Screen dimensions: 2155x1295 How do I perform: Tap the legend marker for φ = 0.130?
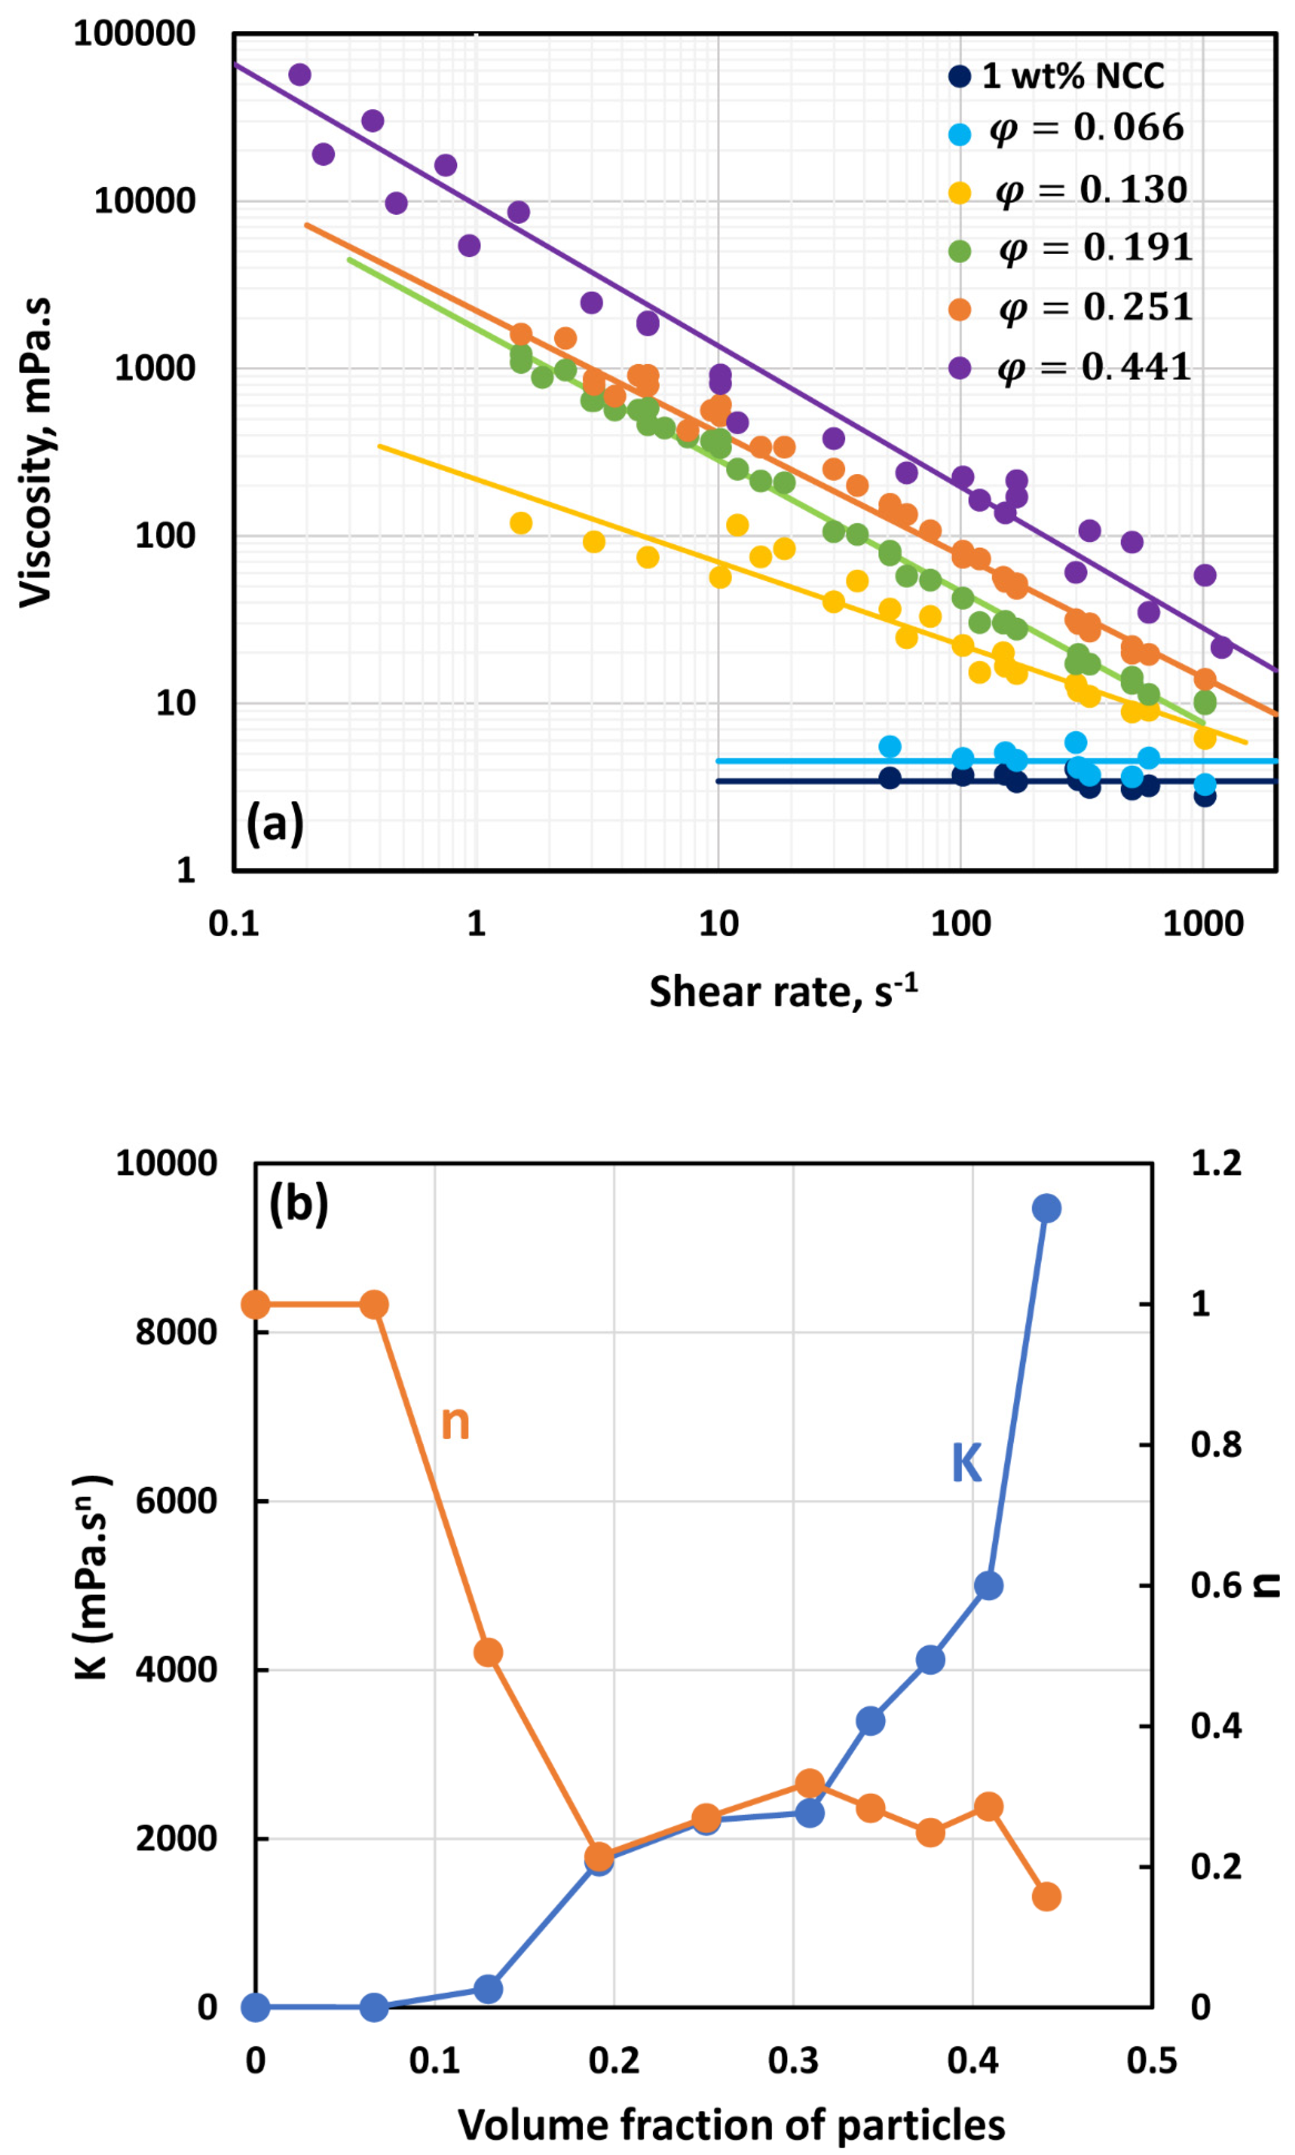[959, 193]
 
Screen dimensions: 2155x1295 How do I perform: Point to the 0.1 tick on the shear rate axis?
[234, 923]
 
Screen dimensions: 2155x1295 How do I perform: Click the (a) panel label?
[275, 823]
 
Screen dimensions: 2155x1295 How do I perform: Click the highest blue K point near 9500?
[1046, 1208]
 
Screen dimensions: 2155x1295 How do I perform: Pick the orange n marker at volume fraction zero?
[255, 1304]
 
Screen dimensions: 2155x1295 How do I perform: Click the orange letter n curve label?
[454, 1423]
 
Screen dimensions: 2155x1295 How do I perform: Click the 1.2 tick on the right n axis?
[1216, 1163]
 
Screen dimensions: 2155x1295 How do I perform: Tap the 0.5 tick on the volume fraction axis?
[1152, 2061]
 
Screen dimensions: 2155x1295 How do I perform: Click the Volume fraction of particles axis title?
[731, 2126]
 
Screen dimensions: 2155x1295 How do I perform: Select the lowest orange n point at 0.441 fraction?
[1046, 1897]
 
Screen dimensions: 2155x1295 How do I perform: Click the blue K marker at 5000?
[988, 1585]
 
